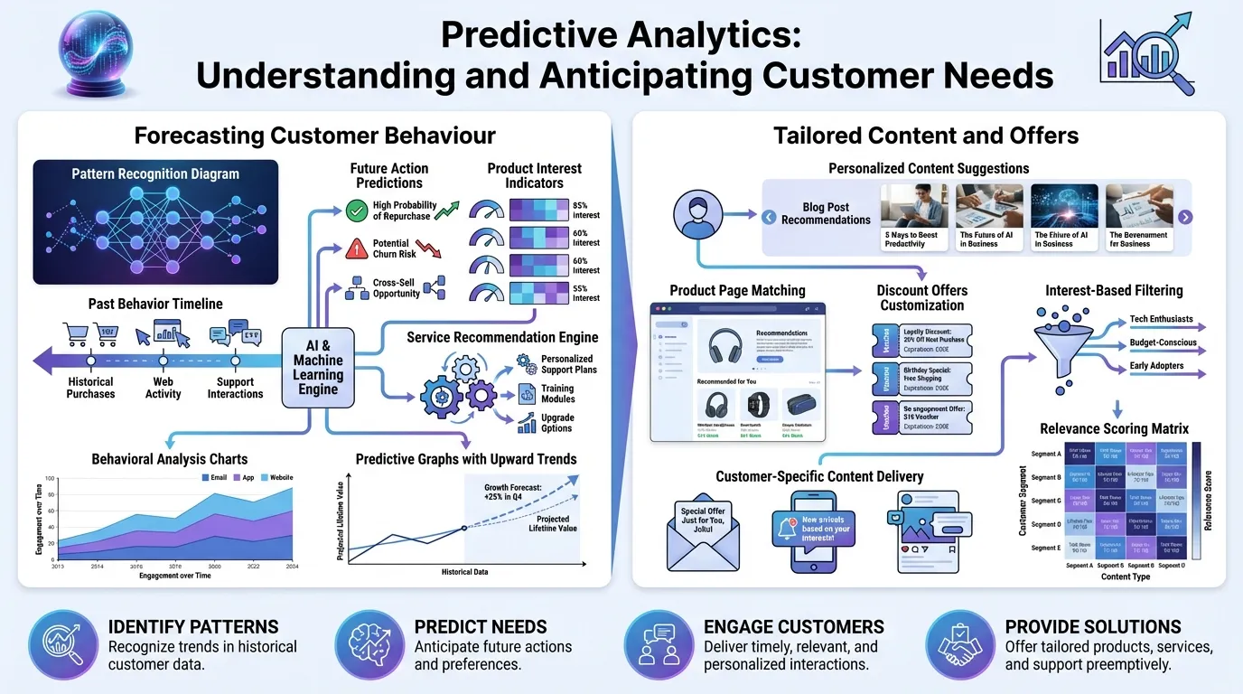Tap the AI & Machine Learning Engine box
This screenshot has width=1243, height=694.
click(318, 368)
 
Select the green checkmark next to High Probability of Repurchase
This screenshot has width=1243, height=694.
click(357, 211)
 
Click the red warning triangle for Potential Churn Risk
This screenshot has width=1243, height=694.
click(357, 249)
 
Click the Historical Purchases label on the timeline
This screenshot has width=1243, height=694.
click(90, 388)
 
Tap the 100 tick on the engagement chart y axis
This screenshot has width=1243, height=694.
click(51, 479)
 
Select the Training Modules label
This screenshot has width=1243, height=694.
click(557, 393)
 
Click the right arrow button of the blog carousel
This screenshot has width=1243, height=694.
click(1185, 217)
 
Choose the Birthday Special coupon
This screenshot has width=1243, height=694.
click(921, 375)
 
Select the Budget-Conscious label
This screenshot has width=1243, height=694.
click(1162, 343)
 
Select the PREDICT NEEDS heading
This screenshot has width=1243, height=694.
click(480, 626)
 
